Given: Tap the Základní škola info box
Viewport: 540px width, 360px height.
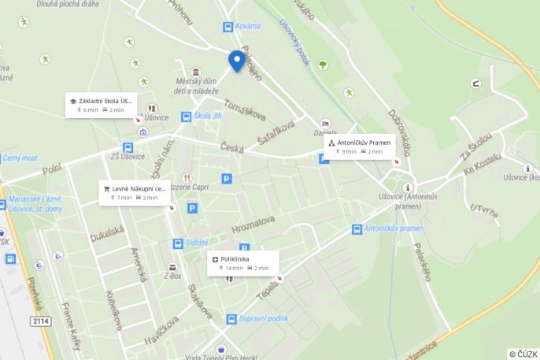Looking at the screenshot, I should tap(102, 105).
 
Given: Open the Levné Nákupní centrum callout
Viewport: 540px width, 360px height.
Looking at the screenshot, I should tap(134, 193).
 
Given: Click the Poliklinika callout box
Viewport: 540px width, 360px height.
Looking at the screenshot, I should tap(244, 262).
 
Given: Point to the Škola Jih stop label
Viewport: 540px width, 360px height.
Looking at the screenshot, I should tap(208, 117).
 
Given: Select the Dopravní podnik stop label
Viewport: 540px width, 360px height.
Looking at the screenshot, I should tap(260, 319).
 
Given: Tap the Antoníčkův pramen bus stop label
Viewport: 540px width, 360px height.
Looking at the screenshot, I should tap(394, 228).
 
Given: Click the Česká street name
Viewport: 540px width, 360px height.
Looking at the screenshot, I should tap(231, 147).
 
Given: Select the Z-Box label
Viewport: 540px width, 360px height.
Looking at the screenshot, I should tap(172, 276).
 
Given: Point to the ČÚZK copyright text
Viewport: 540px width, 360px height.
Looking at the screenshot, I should tap(523, 354).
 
